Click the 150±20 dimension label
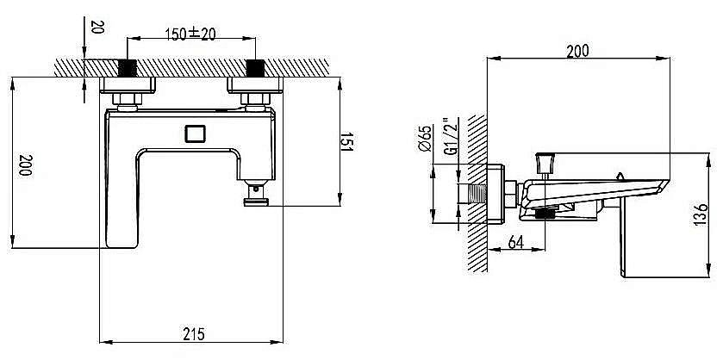point(190,34)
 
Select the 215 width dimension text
point(194,333)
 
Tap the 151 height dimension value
point(346,142)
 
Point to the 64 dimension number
point(515,241)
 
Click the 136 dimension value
point(701,214)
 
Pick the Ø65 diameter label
point(426,138)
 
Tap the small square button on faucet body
point(195,133)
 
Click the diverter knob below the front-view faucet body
point(256,193)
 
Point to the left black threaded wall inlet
point(128,68)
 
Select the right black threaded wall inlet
point(255,68)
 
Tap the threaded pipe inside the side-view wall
point(472,193)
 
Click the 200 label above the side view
point(577,51)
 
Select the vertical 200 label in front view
point(25,164)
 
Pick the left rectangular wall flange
point(128,85)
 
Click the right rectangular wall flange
point(255,85)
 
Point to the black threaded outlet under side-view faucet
point(545,214)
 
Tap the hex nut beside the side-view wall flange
point(510,194)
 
